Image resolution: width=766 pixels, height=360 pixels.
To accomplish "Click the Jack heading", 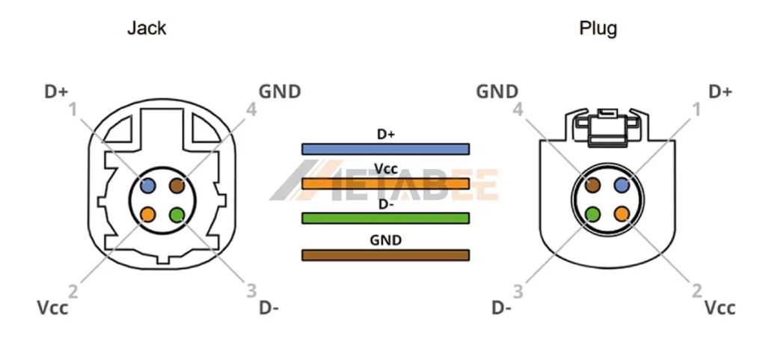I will coord(147,29).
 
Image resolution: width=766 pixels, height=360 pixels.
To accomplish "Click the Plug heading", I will coord(598,29).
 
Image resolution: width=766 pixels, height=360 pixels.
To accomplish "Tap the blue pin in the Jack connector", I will coord(147,185).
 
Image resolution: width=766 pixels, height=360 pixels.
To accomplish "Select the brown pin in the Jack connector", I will coord(177,185).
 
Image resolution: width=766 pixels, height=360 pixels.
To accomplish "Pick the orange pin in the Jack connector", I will coord(147,215).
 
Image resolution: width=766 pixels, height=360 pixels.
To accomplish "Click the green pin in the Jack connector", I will coord(177,215).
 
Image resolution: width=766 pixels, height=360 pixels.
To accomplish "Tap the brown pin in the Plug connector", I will coord(592,185).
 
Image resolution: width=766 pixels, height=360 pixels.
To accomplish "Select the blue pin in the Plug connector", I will coord(622,185).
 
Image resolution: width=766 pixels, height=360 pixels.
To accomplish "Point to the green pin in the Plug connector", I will coord(592,215).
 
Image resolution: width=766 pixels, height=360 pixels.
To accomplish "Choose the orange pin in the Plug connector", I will coord(622,215).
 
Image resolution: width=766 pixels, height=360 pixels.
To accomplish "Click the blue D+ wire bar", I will coord(385,149).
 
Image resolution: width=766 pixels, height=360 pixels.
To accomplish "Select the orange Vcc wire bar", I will coord(385,183).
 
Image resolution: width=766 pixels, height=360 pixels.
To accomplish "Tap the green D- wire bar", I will coord(385,218).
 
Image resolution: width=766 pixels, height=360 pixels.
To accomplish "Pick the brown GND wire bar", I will coord(385,255).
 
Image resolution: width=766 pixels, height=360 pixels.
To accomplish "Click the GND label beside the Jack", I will coord(280,92).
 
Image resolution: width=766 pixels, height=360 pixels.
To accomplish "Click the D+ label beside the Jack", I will coord(56,92).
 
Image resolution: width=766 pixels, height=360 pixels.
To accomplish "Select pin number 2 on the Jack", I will coord(73,290).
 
